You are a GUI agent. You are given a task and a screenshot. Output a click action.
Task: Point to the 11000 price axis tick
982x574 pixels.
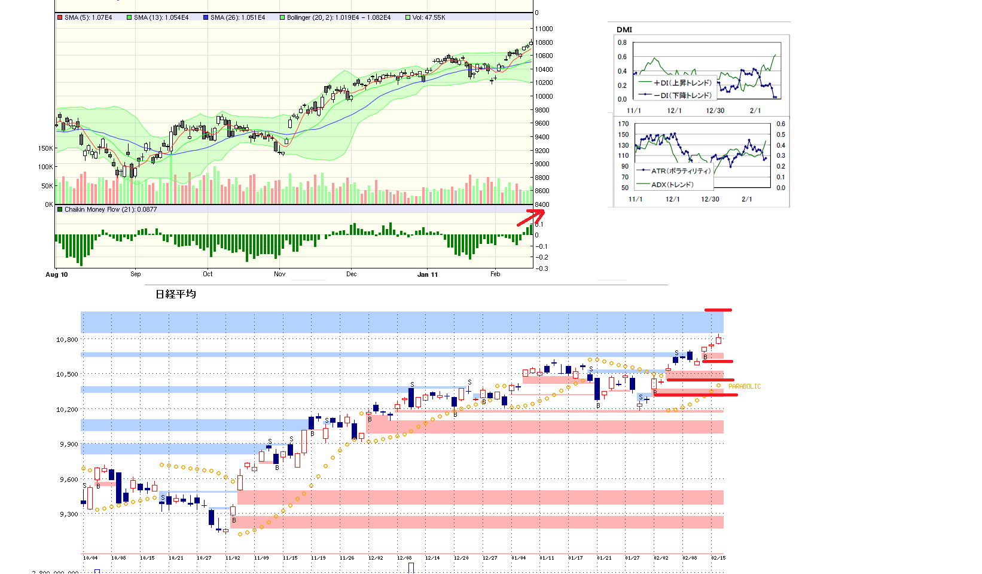click(544, 29)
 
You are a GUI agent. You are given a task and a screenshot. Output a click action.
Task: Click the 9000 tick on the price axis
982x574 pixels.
click(542, 164)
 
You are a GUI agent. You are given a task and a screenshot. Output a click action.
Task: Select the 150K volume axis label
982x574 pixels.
click(45, 148)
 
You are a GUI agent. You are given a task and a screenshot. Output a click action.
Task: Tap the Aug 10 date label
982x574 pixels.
click(57, 274)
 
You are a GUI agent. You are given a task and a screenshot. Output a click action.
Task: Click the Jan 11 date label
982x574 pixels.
click(427, 274)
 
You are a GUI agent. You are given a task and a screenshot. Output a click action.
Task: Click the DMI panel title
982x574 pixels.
click(624, 29)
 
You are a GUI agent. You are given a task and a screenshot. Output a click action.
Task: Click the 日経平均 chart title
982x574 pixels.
click(175, 294)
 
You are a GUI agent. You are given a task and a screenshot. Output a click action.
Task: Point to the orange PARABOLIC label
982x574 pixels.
click(745, 387)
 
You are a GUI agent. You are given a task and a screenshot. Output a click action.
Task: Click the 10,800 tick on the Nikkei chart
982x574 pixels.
click(67, 340)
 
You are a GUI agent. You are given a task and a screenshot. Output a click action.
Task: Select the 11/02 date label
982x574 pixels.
click(233, 558)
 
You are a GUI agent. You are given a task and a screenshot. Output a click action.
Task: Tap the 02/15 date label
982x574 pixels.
click(718, 558)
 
